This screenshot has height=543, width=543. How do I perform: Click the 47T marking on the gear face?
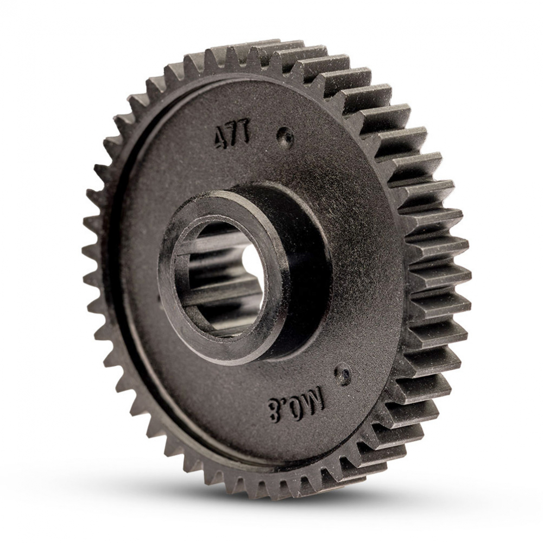pos(232,136)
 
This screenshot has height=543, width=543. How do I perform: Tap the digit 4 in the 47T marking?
pos(220,138)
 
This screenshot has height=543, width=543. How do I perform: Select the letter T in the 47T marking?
pos(244,134)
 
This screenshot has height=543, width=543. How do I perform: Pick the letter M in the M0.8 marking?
pos(314,399)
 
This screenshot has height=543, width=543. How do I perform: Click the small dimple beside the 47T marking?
pos(286,136)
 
